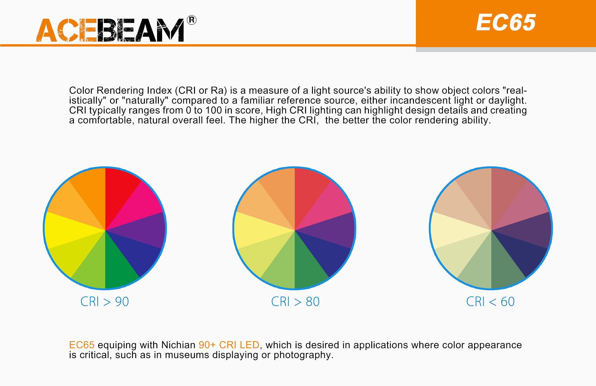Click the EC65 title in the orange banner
coord(506,23)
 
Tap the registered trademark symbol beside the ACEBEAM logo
coord(192,20)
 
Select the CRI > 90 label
coord(105,302)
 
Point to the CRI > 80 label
coord(295,302)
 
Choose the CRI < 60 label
coord(490,302)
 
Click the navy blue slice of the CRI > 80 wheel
coord(325,253)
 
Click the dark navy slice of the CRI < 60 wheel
coord(521,253)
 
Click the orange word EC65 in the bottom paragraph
coord(82,345)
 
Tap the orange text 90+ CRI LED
coord(229,345)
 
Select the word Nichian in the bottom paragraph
coord(178,345)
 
